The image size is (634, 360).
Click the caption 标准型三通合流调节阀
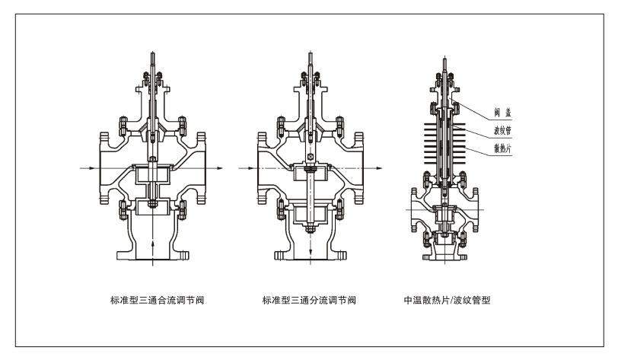pos(157,301)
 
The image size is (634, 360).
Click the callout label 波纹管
pos(501,130)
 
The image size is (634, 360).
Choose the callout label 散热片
pos(501,148)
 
